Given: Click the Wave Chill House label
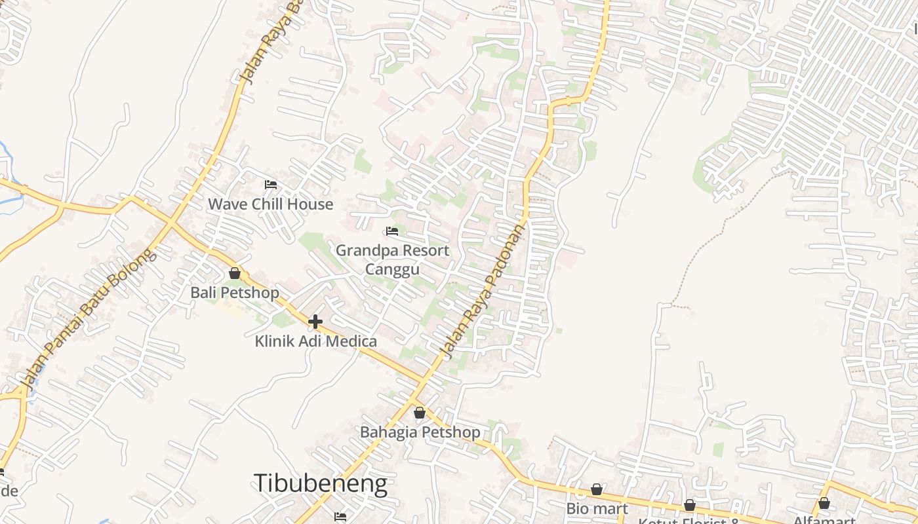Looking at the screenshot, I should click(x=270, y=204).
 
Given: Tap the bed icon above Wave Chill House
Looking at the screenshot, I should click(x=270, y=185).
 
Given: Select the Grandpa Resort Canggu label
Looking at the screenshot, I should click(x=392, y=259).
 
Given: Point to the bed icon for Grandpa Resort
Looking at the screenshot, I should click(x=392, y=231).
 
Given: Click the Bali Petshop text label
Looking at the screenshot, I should click(x=235, y=292).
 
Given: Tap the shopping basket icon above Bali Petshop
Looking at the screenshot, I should click(x=235, y=273).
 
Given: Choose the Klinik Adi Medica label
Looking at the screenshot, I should click(x=315, y=341).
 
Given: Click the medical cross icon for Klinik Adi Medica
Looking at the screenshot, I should click(x=315, y=322).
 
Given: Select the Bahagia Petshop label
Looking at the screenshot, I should click(x=420, y=432).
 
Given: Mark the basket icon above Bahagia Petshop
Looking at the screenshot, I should click(x=420, y=413).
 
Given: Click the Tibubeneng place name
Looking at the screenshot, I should click(x=320, y=484).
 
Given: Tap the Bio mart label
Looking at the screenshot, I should click(x=597, y=509).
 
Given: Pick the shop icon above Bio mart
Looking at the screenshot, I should click(x=597, y=489).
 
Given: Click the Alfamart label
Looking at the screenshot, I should click(x=824, y=520).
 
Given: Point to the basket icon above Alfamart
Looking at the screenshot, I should click(x=824, y=503).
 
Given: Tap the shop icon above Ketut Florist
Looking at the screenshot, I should click(x=689, y=505).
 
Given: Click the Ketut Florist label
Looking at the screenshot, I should click(x=688, y=521).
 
